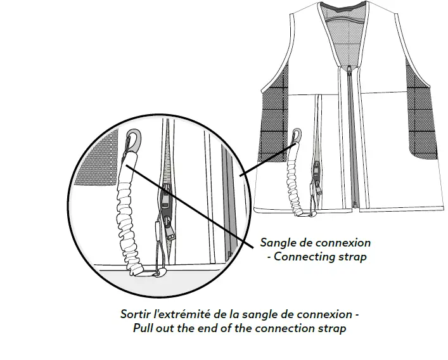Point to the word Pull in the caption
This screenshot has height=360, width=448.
coord(144,329)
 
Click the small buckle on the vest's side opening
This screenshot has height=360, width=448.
coord(314,170)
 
